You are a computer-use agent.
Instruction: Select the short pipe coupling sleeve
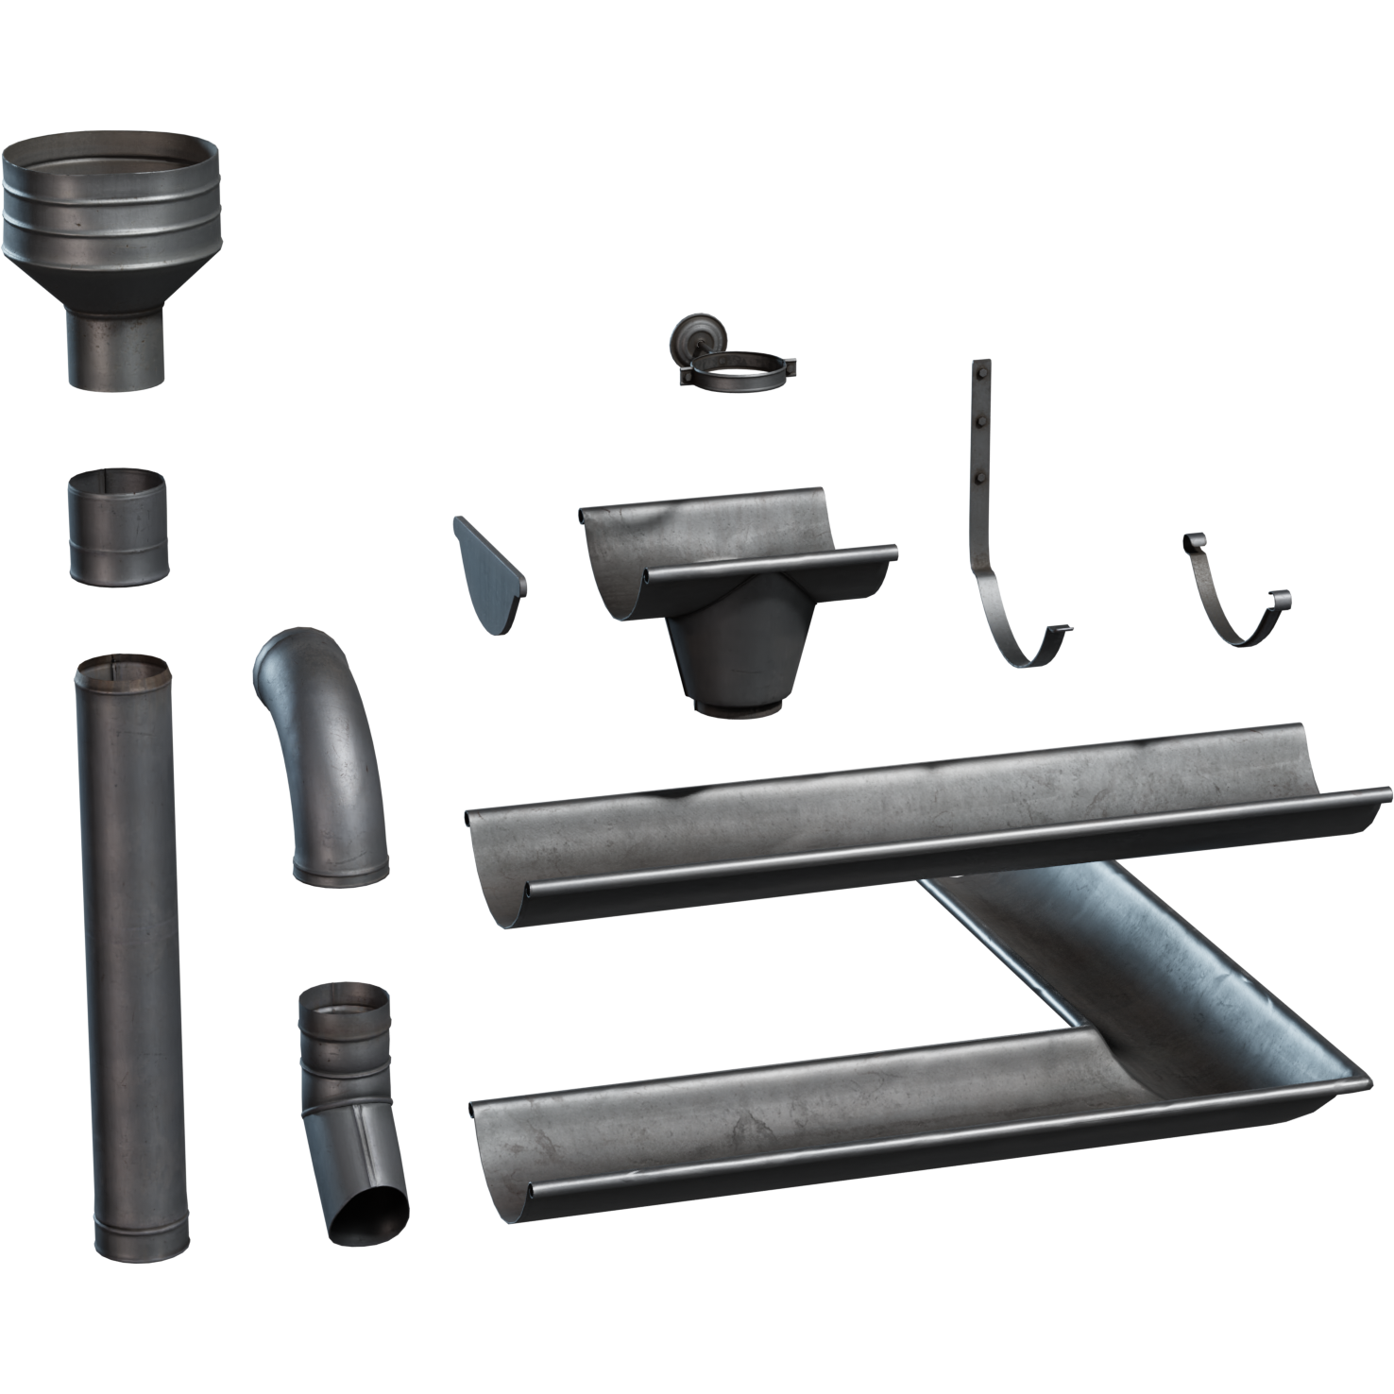click(x=118, y=529)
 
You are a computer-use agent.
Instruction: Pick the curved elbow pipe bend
click(x=326, y=756)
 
